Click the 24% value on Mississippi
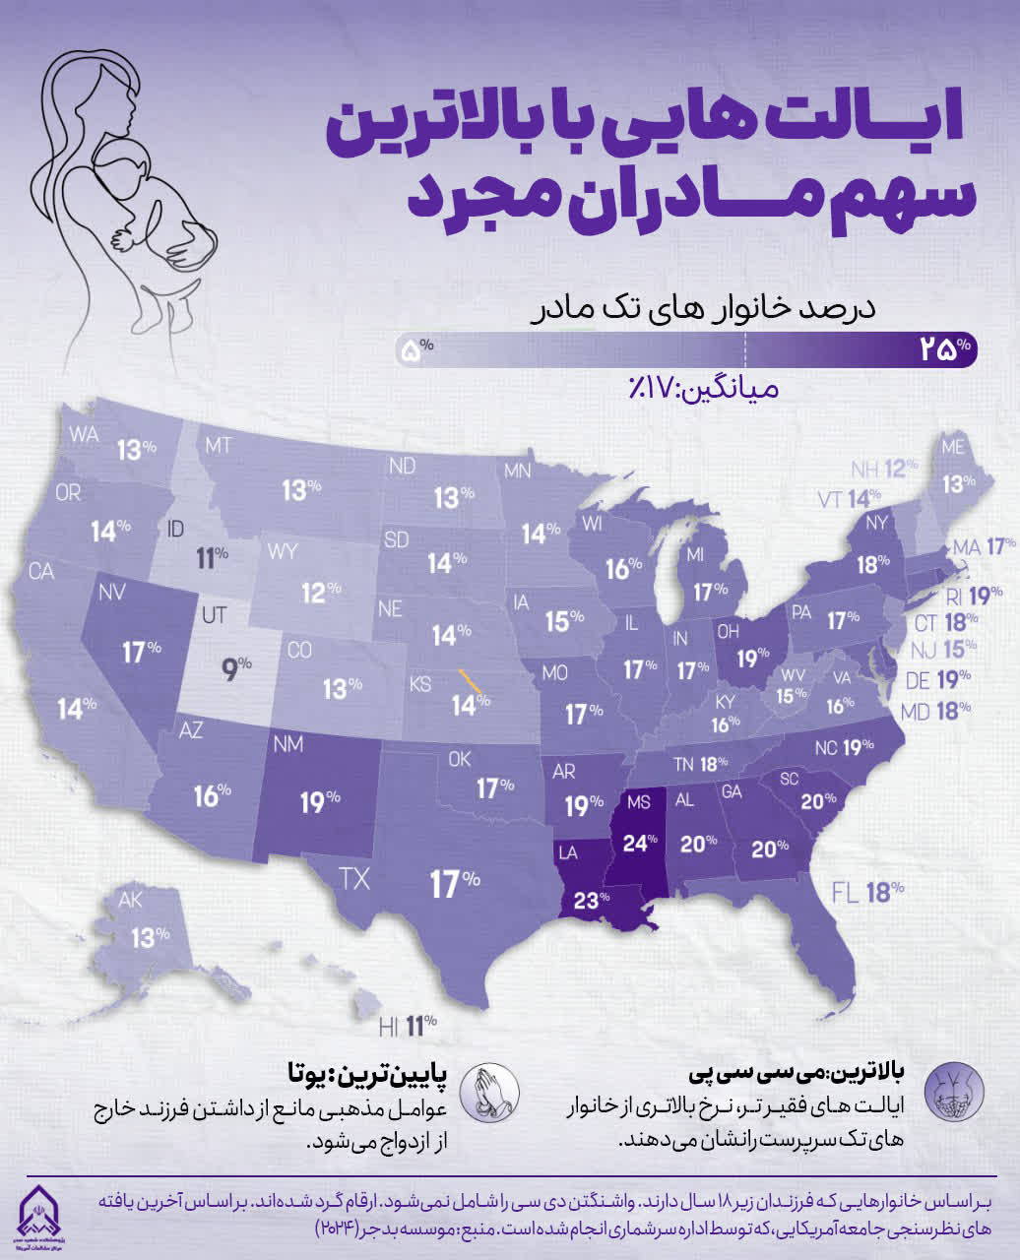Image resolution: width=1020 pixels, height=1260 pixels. (640, 843)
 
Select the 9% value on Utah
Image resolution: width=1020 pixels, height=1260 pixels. (237, 670)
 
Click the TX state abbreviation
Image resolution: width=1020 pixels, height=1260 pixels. (354, 878)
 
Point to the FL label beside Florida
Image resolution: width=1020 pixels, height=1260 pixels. (846, 893)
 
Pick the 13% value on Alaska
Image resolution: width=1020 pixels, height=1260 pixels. (150, 936)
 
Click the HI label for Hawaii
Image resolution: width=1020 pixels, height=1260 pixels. (389, 1027)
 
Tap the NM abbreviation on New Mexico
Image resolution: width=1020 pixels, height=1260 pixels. (288, 745)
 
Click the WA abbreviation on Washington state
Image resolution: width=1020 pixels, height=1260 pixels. (84, 435)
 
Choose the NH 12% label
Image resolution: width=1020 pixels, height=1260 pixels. (884, 469)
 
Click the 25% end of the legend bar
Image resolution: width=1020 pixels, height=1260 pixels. (945, 348)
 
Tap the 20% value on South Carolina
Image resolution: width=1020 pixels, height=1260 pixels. (817, 800)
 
